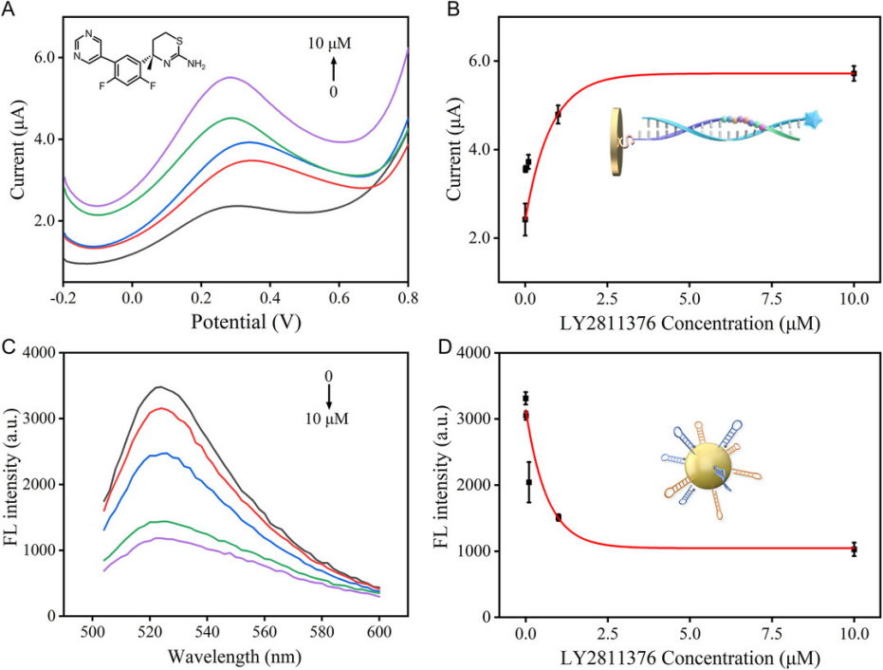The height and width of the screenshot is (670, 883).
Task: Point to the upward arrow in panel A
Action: coord(334,69)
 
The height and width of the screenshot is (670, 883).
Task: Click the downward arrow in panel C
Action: coord(328,395)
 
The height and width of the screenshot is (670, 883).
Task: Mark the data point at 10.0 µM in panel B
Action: coord(854,73)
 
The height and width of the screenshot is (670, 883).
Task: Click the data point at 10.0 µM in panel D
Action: coord(854,549)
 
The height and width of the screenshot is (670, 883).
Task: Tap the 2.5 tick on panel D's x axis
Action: coord(607,632)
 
